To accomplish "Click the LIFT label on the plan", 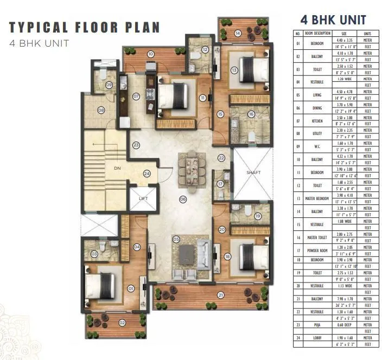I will (x=143, y=198).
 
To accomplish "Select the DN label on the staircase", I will (x=117, y=168).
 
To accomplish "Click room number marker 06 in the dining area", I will (x=183, y=199).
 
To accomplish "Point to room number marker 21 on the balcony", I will (x=220, y=295).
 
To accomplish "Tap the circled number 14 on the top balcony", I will (x=238, y=33).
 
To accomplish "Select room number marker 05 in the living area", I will (x=176, y=239).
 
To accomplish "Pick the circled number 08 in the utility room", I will (x=101, y=110).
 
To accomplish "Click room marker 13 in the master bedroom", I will (x=234, y=70).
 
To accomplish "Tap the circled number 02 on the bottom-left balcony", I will (x=122, y=323).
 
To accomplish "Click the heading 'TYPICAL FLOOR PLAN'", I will (x=84, y=28).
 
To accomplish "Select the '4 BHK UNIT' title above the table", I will (x=333, y=20).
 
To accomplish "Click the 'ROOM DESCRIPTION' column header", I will (x=317, y=33).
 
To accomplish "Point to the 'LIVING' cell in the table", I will (x=317, y=95).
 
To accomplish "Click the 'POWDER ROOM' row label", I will (x=317, y=250).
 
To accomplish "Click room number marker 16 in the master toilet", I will (x=251, y=114).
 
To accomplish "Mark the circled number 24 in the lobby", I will (x=147, y=173).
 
